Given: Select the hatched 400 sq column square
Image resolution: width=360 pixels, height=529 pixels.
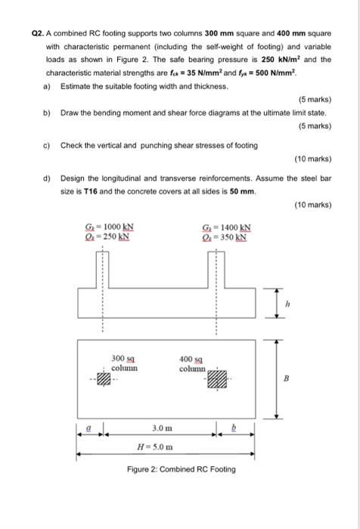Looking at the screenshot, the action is (x=217, y=379).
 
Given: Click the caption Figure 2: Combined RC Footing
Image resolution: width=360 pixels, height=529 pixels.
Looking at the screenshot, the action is (x=181, y=469).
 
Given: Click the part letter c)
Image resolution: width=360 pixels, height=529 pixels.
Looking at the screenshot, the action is (x=48, y=145).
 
